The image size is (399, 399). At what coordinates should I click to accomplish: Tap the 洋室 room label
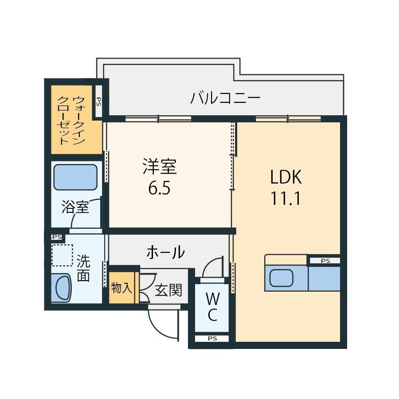[160, 167]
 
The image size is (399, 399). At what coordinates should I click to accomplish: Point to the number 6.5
[159, 188]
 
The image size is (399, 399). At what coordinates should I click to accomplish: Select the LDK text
[286, 177]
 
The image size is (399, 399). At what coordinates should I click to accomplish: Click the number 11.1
[286, 198]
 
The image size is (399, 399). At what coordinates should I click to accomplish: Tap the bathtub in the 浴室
[75, 177]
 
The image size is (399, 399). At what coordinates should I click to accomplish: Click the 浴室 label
[75, 207]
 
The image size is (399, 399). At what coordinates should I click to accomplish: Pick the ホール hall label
[166, 252]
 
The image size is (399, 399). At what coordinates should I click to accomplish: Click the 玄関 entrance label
[168, 290]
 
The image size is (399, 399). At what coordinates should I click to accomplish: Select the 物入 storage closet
[122, 288]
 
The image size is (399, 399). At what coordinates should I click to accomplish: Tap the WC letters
[212, 307]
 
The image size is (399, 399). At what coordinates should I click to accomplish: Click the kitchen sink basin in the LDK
[281, 278]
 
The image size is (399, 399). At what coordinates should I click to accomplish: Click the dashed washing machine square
[63, 255]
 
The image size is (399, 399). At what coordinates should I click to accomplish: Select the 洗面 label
[83, 268]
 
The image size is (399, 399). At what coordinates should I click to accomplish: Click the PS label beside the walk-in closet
[99, 102]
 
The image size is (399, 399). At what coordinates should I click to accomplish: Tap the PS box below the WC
[212, 338]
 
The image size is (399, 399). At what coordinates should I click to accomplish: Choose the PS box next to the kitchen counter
[325, 261]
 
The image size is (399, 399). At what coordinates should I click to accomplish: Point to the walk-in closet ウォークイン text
[79, 120]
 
